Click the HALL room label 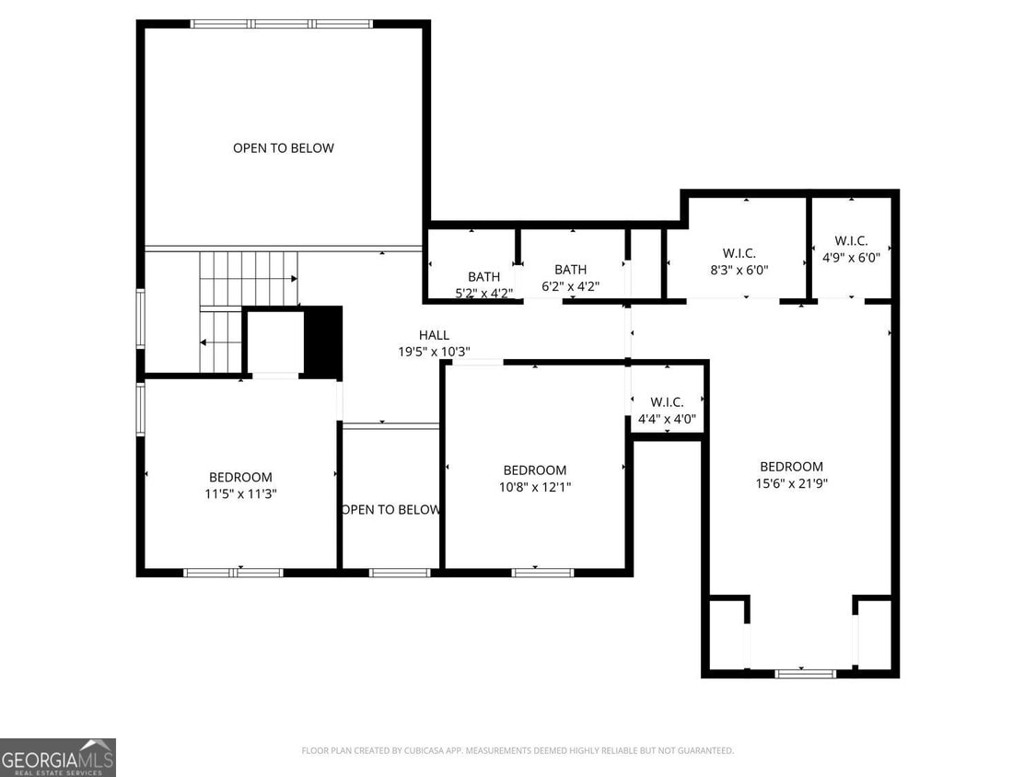(x=434, y=335)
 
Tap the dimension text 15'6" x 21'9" (x=791, y=483)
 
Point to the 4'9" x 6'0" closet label (x=851, y=258)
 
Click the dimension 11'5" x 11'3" (x=240, y=493)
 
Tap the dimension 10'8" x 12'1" (x=534, y=487)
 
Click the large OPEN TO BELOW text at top (x=283, y=147)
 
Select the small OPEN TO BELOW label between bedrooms (x=390, y=509)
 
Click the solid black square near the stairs (x=322, y=342)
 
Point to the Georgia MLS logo (x=58, y=757)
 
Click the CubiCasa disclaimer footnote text (x=518, y=750)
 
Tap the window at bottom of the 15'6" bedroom (x=805, y=673)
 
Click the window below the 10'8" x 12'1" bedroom (x=542, y=573)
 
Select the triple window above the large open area (x=281, y=24)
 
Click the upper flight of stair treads (x=249, y=279)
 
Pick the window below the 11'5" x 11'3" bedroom (x=233, y=573)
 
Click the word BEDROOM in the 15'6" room (x=791, y=467)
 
